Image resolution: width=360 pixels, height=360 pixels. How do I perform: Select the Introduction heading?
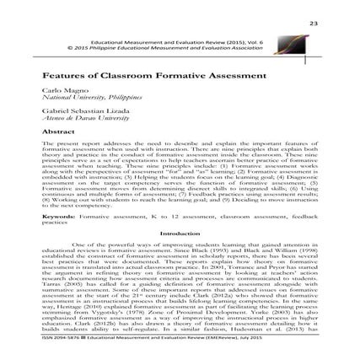(180, 234)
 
